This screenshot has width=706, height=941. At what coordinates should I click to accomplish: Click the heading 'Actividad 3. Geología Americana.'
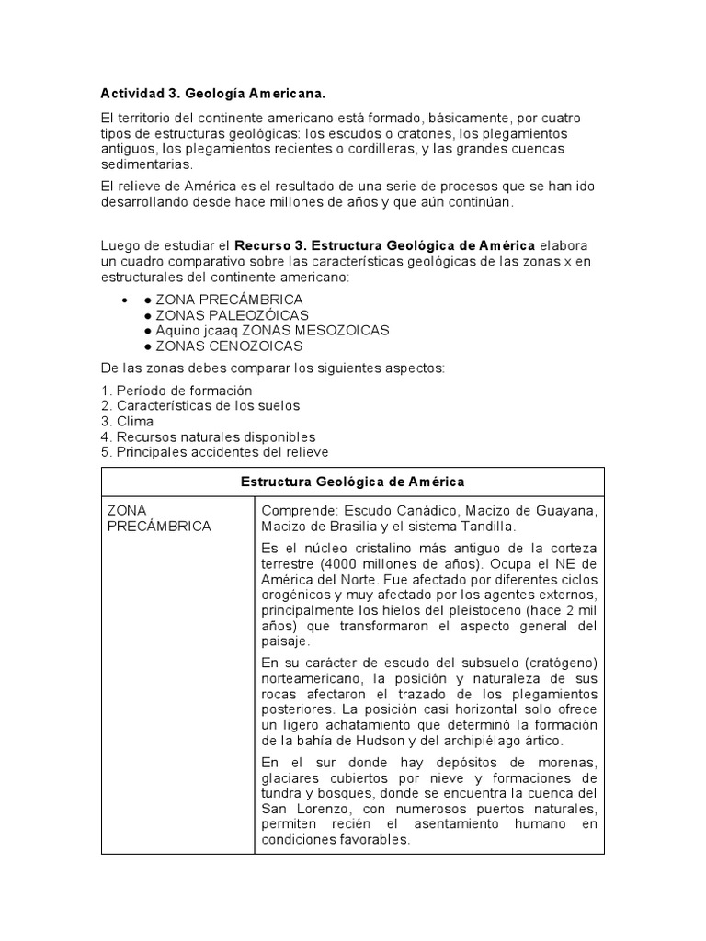click(x=212, y=94)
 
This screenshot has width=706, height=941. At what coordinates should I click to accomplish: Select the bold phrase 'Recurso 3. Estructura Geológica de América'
click(x=385, y=246)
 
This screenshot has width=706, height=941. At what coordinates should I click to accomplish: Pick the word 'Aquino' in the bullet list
click(x=177, y=330)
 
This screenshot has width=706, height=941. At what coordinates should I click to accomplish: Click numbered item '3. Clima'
click(x=128, y=422)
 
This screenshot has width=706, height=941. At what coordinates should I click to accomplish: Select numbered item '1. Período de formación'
click(x=176, y=391)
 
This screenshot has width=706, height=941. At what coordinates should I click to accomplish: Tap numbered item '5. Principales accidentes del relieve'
click(x=214, y=453)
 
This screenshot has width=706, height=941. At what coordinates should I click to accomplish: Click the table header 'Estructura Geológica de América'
click(x=352, y=482)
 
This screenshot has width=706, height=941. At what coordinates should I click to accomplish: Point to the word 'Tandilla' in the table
click(x=488, y=526)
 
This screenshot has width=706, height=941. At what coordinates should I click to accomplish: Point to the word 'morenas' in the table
click(x=570, y=762)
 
